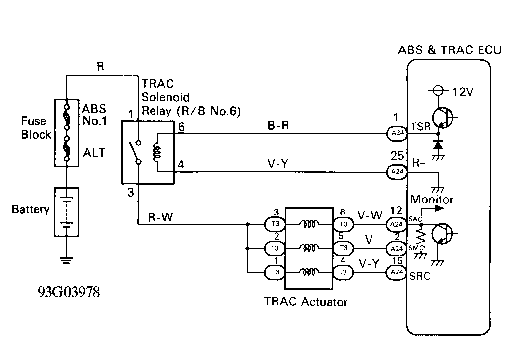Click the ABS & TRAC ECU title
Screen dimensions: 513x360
450,50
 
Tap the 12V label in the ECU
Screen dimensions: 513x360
463,92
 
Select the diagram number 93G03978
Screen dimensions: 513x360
69,292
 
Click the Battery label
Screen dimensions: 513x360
31,209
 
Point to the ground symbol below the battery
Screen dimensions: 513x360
66,260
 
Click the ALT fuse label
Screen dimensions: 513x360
94,153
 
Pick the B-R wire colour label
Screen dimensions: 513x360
278,125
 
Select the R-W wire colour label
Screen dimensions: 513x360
160,217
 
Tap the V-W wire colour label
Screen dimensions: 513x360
370,215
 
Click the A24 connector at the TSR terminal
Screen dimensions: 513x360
397,133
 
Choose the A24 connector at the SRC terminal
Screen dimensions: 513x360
396,272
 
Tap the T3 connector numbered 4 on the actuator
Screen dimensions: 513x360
343,273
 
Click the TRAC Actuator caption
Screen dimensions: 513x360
306,302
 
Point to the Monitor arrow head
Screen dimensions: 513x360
439,208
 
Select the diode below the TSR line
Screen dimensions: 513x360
438,145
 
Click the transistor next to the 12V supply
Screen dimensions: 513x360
442,118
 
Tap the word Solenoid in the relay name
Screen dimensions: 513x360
166,97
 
